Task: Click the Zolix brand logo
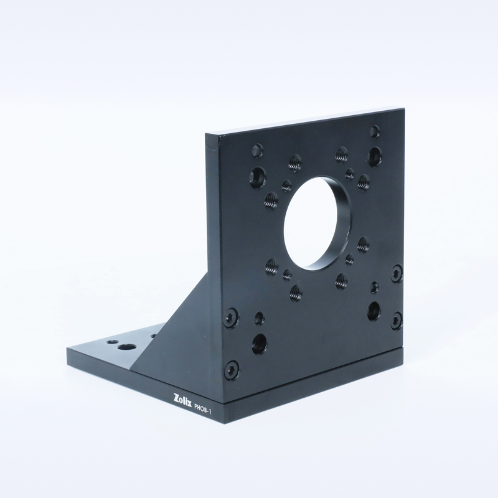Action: (182, 399)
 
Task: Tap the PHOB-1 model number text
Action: (203, 408)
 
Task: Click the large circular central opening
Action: (318, 222)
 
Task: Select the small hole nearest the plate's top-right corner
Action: (375, 131)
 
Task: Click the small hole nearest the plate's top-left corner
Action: (257, 150)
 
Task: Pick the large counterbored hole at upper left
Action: (258, 178)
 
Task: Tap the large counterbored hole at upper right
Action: (375, 157)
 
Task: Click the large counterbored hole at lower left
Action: (260, 344)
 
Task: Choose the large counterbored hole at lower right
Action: (374, 311)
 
